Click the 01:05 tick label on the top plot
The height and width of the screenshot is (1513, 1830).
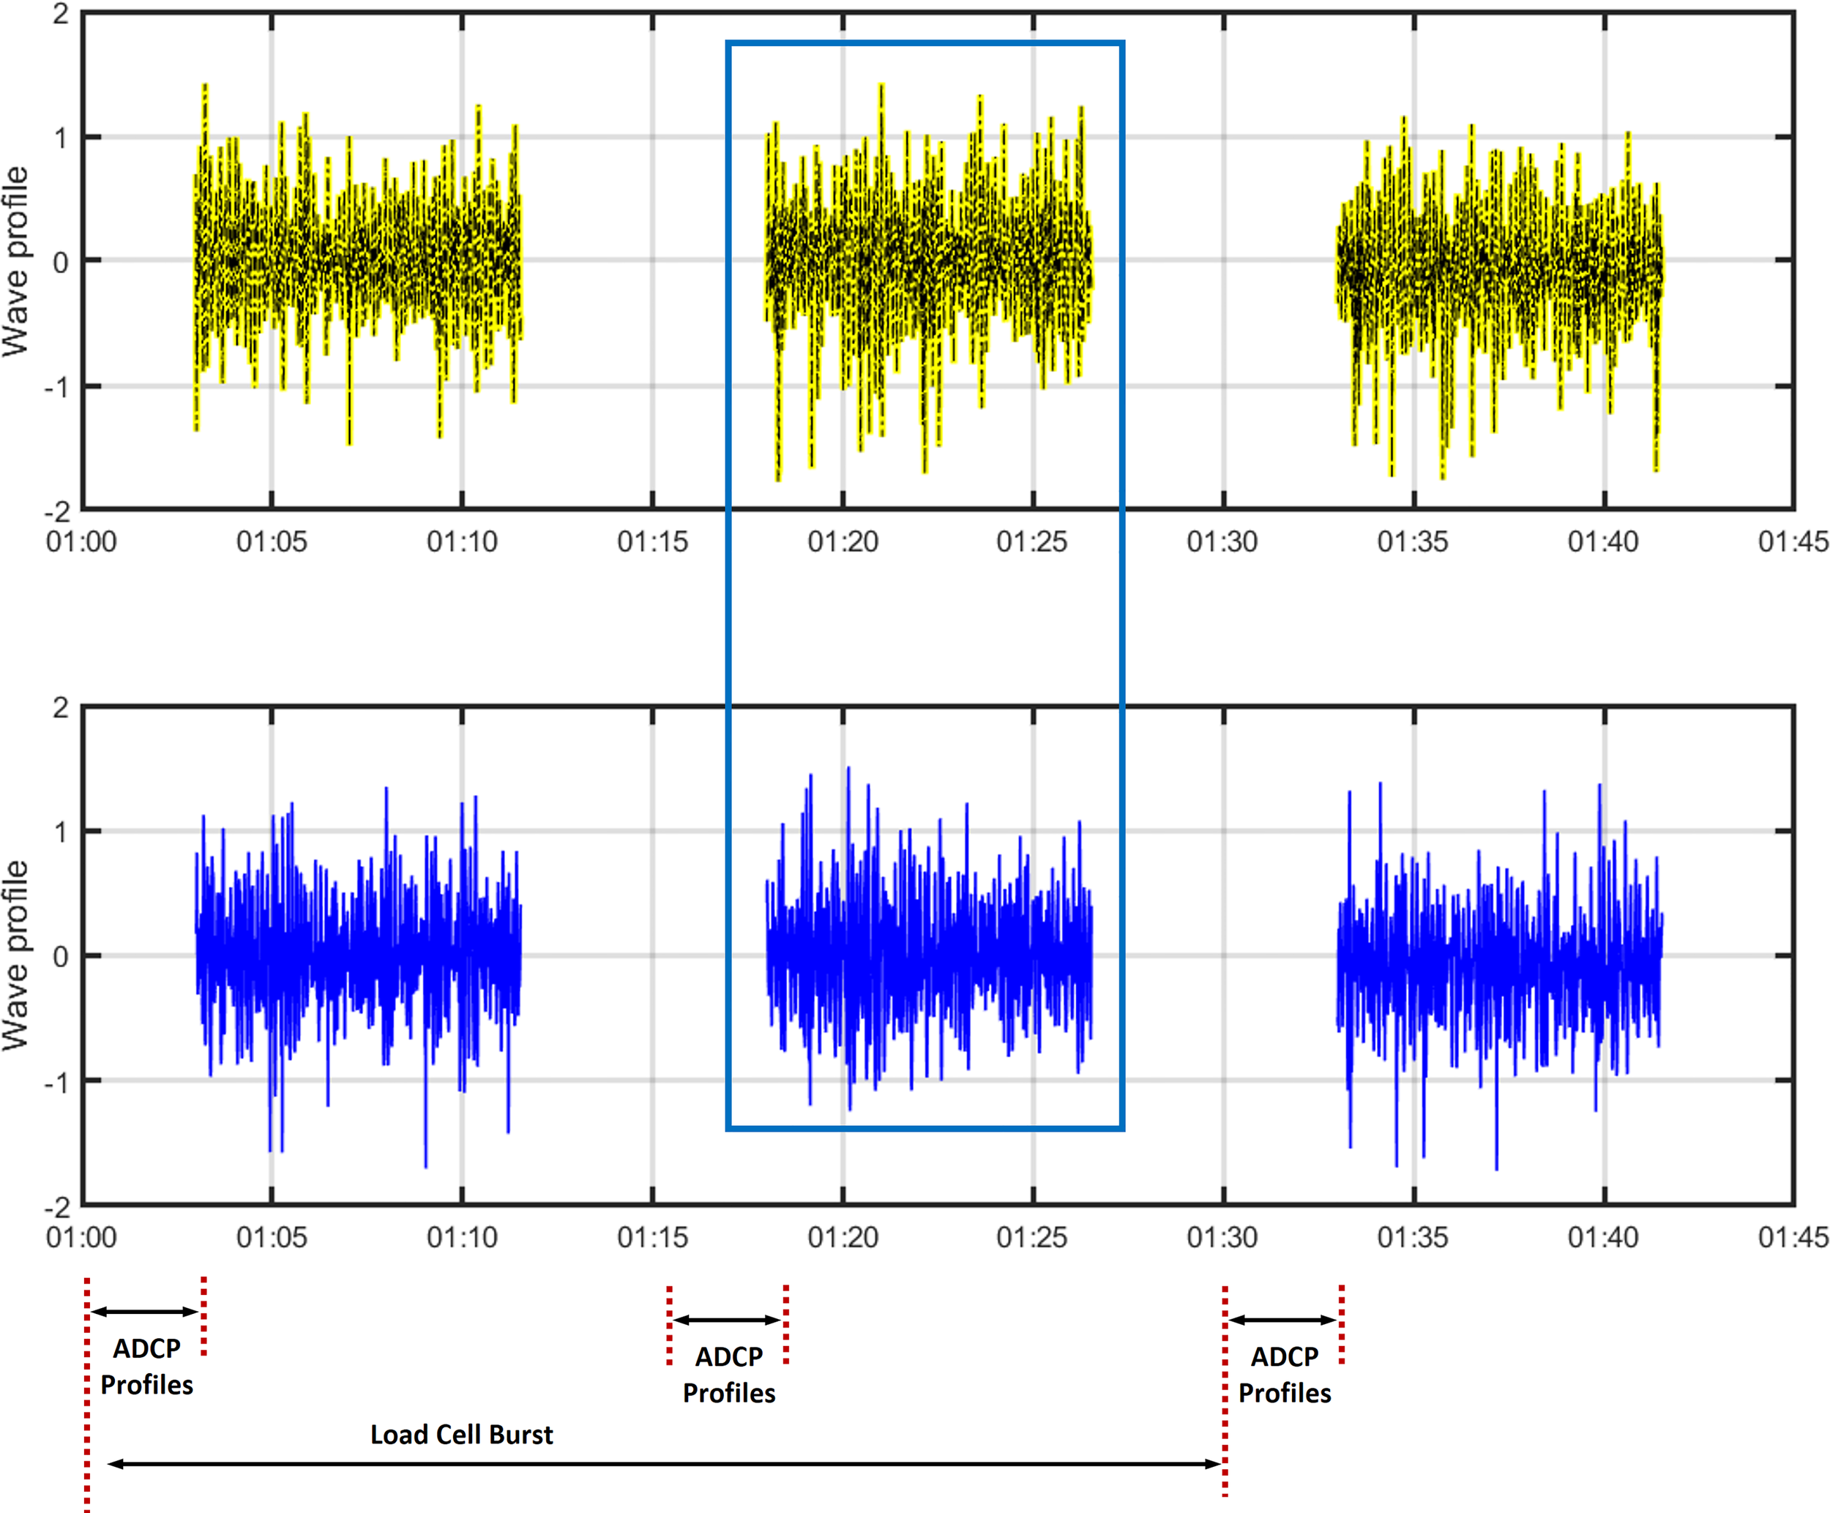click(271, 542)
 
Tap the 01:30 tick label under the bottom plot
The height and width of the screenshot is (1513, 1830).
click(1222, 1238)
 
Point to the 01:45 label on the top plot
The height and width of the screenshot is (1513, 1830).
click(1793, 542)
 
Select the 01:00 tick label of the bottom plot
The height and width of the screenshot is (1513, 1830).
click(81, 1238)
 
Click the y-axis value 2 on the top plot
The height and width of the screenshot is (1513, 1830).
click(60, 14)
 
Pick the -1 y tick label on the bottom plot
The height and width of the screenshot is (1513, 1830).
click(56, 1083)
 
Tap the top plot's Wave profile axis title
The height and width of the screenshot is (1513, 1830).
click(15, 261)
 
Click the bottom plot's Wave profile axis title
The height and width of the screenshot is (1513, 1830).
click(15, 956)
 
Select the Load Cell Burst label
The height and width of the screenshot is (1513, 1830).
click(461, 1435)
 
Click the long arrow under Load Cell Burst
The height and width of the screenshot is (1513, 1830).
click(662, 1464)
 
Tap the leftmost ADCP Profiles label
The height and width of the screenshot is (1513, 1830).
click(146, 1366)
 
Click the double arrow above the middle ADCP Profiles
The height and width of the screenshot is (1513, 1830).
click(727, 1320)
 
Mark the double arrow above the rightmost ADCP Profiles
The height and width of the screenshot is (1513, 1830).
click(1282, 1320)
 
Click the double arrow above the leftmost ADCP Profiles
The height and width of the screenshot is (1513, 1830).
click(145, 1311)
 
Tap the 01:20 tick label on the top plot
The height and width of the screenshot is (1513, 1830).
click(842, 542)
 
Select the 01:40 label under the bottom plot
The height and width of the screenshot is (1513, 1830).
click(1602, 1238)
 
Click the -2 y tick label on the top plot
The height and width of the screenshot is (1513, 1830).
click(56, 512)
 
